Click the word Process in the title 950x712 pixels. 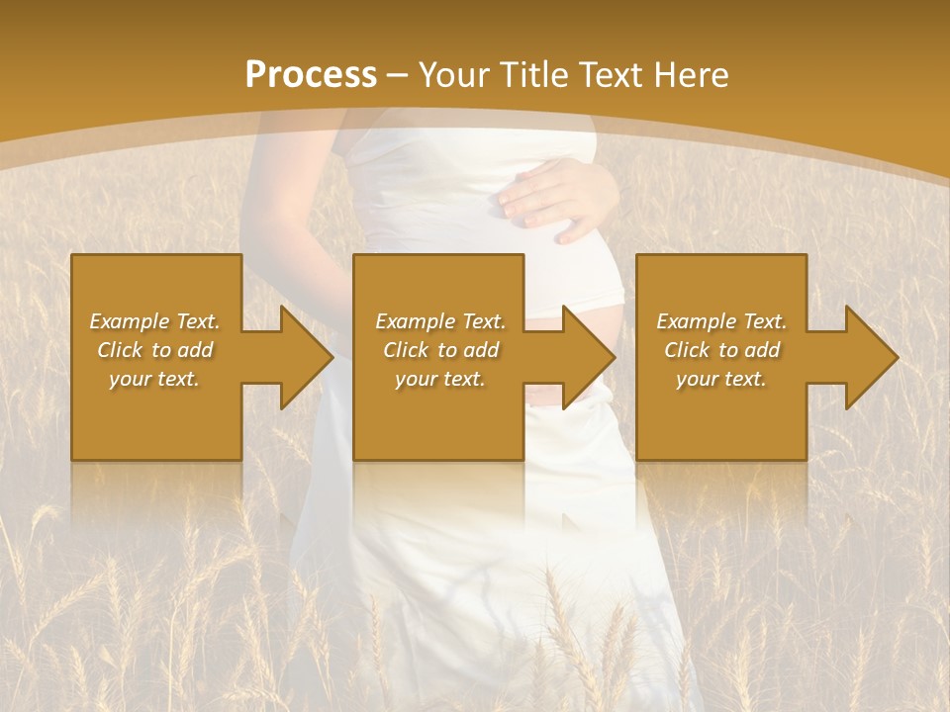coord(311,75)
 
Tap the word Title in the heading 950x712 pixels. coord(534,75)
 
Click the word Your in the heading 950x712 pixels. coord(455,75)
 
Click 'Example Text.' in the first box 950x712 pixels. coord(154,321)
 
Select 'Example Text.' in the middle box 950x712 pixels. coord(440,321)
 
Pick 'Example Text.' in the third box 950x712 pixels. coord(721,321)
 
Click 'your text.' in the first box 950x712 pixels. coord(154,379)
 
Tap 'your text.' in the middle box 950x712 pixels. coord(440,379)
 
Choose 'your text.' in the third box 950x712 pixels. coord(721,379)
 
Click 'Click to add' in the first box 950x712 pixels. coord(154,350)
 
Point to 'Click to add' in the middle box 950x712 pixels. coord(440,350)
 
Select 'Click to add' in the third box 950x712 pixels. coord(721,350)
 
